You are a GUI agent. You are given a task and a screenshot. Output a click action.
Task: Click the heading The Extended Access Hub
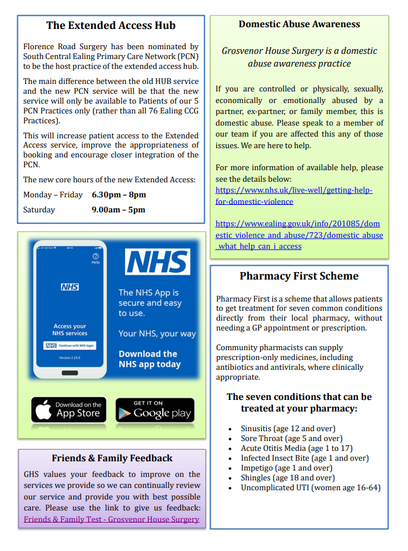point(111,25)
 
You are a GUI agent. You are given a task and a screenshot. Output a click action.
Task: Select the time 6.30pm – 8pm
point(119,194)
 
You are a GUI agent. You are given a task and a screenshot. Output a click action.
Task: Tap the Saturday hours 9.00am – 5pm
point(118,210)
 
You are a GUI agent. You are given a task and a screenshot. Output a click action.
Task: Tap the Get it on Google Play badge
point(155,410)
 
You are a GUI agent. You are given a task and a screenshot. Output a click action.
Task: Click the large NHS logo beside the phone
point(157,262)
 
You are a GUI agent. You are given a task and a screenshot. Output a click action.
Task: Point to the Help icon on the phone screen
point(95,258)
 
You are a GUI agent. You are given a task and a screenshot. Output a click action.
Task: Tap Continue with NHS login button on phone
point(69,346)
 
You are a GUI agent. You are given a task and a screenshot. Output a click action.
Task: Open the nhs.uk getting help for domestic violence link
point(294,196)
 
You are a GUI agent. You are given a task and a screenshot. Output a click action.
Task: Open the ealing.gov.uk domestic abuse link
point(299,234)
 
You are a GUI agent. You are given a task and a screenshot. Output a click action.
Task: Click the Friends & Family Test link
point(112,519)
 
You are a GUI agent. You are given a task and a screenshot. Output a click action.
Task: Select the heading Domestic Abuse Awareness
point(299,24)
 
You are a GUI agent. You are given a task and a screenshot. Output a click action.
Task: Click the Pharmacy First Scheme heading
point(299,276)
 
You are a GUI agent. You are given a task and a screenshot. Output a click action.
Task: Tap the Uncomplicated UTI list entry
point(310,488)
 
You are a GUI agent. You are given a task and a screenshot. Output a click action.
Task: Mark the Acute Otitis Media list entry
point(296,449)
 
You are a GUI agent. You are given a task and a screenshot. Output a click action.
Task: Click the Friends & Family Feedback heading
point(112,458)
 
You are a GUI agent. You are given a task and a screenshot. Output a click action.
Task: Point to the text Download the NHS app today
point(150,359)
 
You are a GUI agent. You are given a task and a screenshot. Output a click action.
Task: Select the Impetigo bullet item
point(286,468)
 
